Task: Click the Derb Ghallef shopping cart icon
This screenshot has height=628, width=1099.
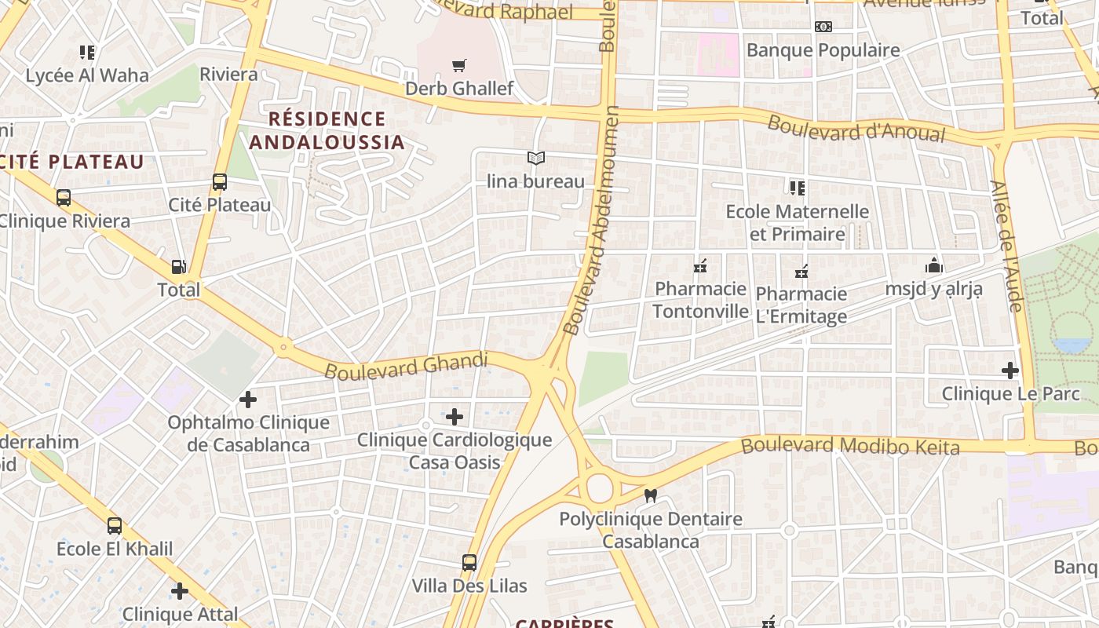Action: pos(459,65)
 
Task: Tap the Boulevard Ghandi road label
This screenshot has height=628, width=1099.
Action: pos(406,366)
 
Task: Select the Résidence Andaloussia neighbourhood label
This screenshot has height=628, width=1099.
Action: pos(327,130)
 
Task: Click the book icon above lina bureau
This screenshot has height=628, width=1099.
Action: pos(536,159)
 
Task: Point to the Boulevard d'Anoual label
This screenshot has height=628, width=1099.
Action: pos(856,130)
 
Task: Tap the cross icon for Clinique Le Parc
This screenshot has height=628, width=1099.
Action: pos(1010,370)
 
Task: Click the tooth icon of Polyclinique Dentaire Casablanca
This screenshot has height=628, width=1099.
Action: pos(650,495)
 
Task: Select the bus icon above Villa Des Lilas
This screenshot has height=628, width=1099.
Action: pos(469,562)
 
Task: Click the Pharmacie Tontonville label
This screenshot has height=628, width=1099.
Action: pos(700,299)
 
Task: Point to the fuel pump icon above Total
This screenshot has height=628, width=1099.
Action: pos(179,267)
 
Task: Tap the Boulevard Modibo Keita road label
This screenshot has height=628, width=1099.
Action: pos(850,446)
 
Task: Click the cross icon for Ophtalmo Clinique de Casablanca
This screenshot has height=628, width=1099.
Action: pos(248,400)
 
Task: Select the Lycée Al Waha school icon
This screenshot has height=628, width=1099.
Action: pos(87,53)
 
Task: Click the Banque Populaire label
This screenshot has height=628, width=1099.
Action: pos(823,50)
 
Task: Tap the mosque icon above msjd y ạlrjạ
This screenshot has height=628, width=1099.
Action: pos(933,265)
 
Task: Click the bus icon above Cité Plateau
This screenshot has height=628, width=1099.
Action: pos(220,182)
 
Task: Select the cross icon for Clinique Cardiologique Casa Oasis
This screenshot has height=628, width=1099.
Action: pos(455,416)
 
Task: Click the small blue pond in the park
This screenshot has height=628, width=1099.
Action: pos(1072,345)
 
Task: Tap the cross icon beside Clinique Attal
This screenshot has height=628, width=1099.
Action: pos(180,590)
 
